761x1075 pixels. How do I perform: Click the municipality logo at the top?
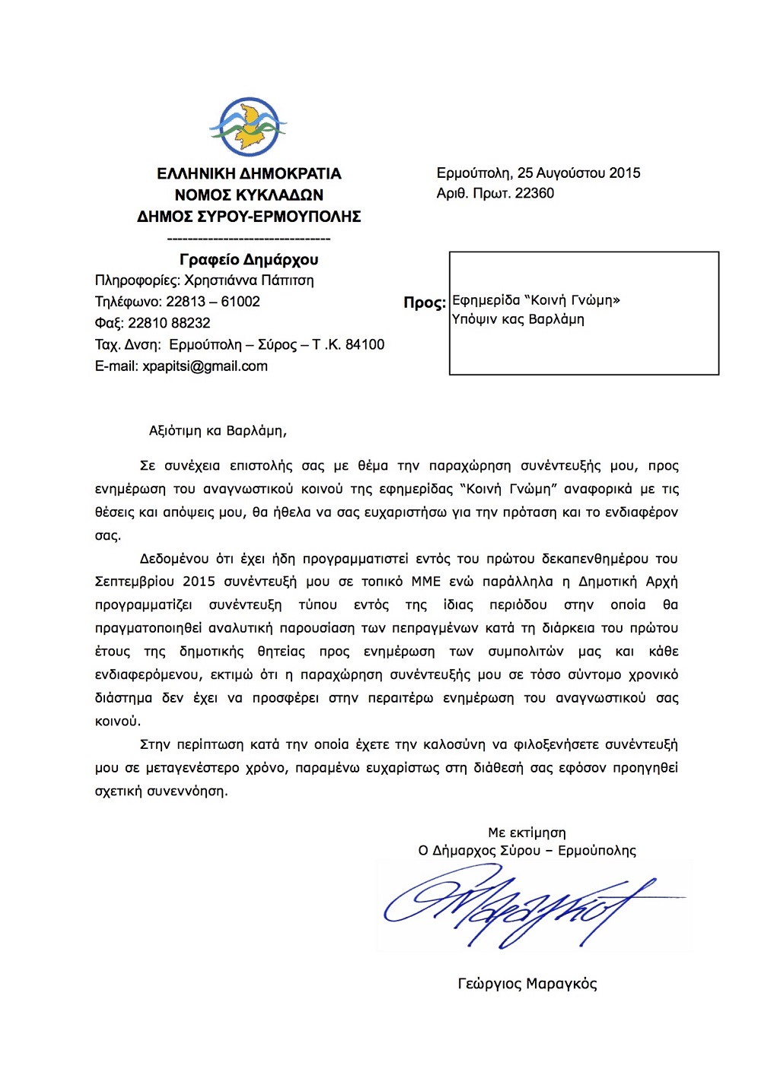pos(248,128)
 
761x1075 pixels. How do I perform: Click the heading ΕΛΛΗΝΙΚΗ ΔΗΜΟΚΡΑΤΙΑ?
pos(249,173)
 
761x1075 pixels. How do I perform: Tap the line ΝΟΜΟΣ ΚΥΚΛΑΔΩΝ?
pos(249,195)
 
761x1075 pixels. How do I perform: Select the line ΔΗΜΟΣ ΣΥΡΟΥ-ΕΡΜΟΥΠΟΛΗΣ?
pos(249,217)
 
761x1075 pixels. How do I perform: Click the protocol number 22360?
pos(534,193)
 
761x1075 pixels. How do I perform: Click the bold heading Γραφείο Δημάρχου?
pos(249,260)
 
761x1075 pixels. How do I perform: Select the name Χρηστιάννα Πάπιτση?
pos(249,281)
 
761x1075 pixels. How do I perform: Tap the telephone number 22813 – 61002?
pos(213,302)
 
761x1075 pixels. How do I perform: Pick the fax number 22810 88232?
pos(169,323)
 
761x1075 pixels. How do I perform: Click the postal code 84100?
pos(365,344)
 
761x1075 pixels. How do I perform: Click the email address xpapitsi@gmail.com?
pos(205,366)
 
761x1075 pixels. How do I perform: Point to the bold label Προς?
pos(424,303)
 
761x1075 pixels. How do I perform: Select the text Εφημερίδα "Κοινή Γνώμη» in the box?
pos(536,300)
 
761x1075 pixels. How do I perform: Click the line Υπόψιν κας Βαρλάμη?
pos(518,319)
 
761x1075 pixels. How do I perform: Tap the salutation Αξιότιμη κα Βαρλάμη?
pos(218,431)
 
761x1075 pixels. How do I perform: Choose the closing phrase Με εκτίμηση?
pos(527,832)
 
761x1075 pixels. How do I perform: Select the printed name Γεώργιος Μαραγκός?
pos(527,984)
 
